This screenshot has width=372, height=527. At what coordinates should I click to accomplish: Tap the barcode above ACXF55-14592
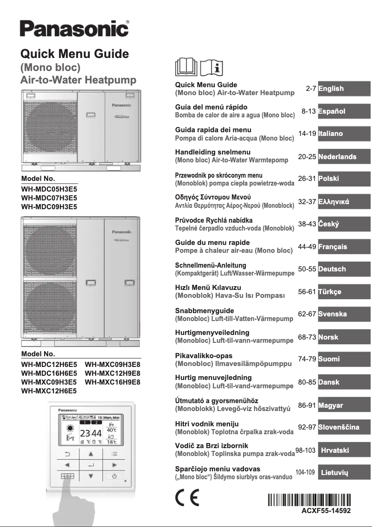click(309, 500)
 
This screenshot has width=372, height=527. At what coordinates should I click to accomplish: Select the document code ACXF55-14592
click(324, 511)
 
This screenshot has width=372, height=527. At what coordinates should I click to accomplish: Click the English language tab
click(344, 88)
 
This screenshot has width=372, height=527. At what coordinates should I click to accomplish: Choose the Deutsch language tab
click(344, 269)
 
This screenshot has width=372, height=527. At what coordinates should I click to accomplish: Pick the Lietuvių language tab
click(344, 473)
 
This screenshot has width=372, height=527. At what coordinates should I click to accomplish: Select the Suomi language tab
click(344, 359)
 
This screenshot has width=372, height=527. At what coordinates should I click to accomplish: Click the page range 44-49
click(307, 247)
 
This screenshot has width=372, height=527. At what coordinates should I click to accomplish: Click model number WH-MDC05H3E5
click(49, 189)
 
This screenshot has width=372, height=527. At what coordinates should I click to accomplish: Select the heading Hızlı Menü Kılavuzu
click(208, 288)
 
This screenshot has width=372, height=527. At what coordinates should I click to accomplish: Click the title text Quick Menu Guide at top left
click(75, 54)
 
